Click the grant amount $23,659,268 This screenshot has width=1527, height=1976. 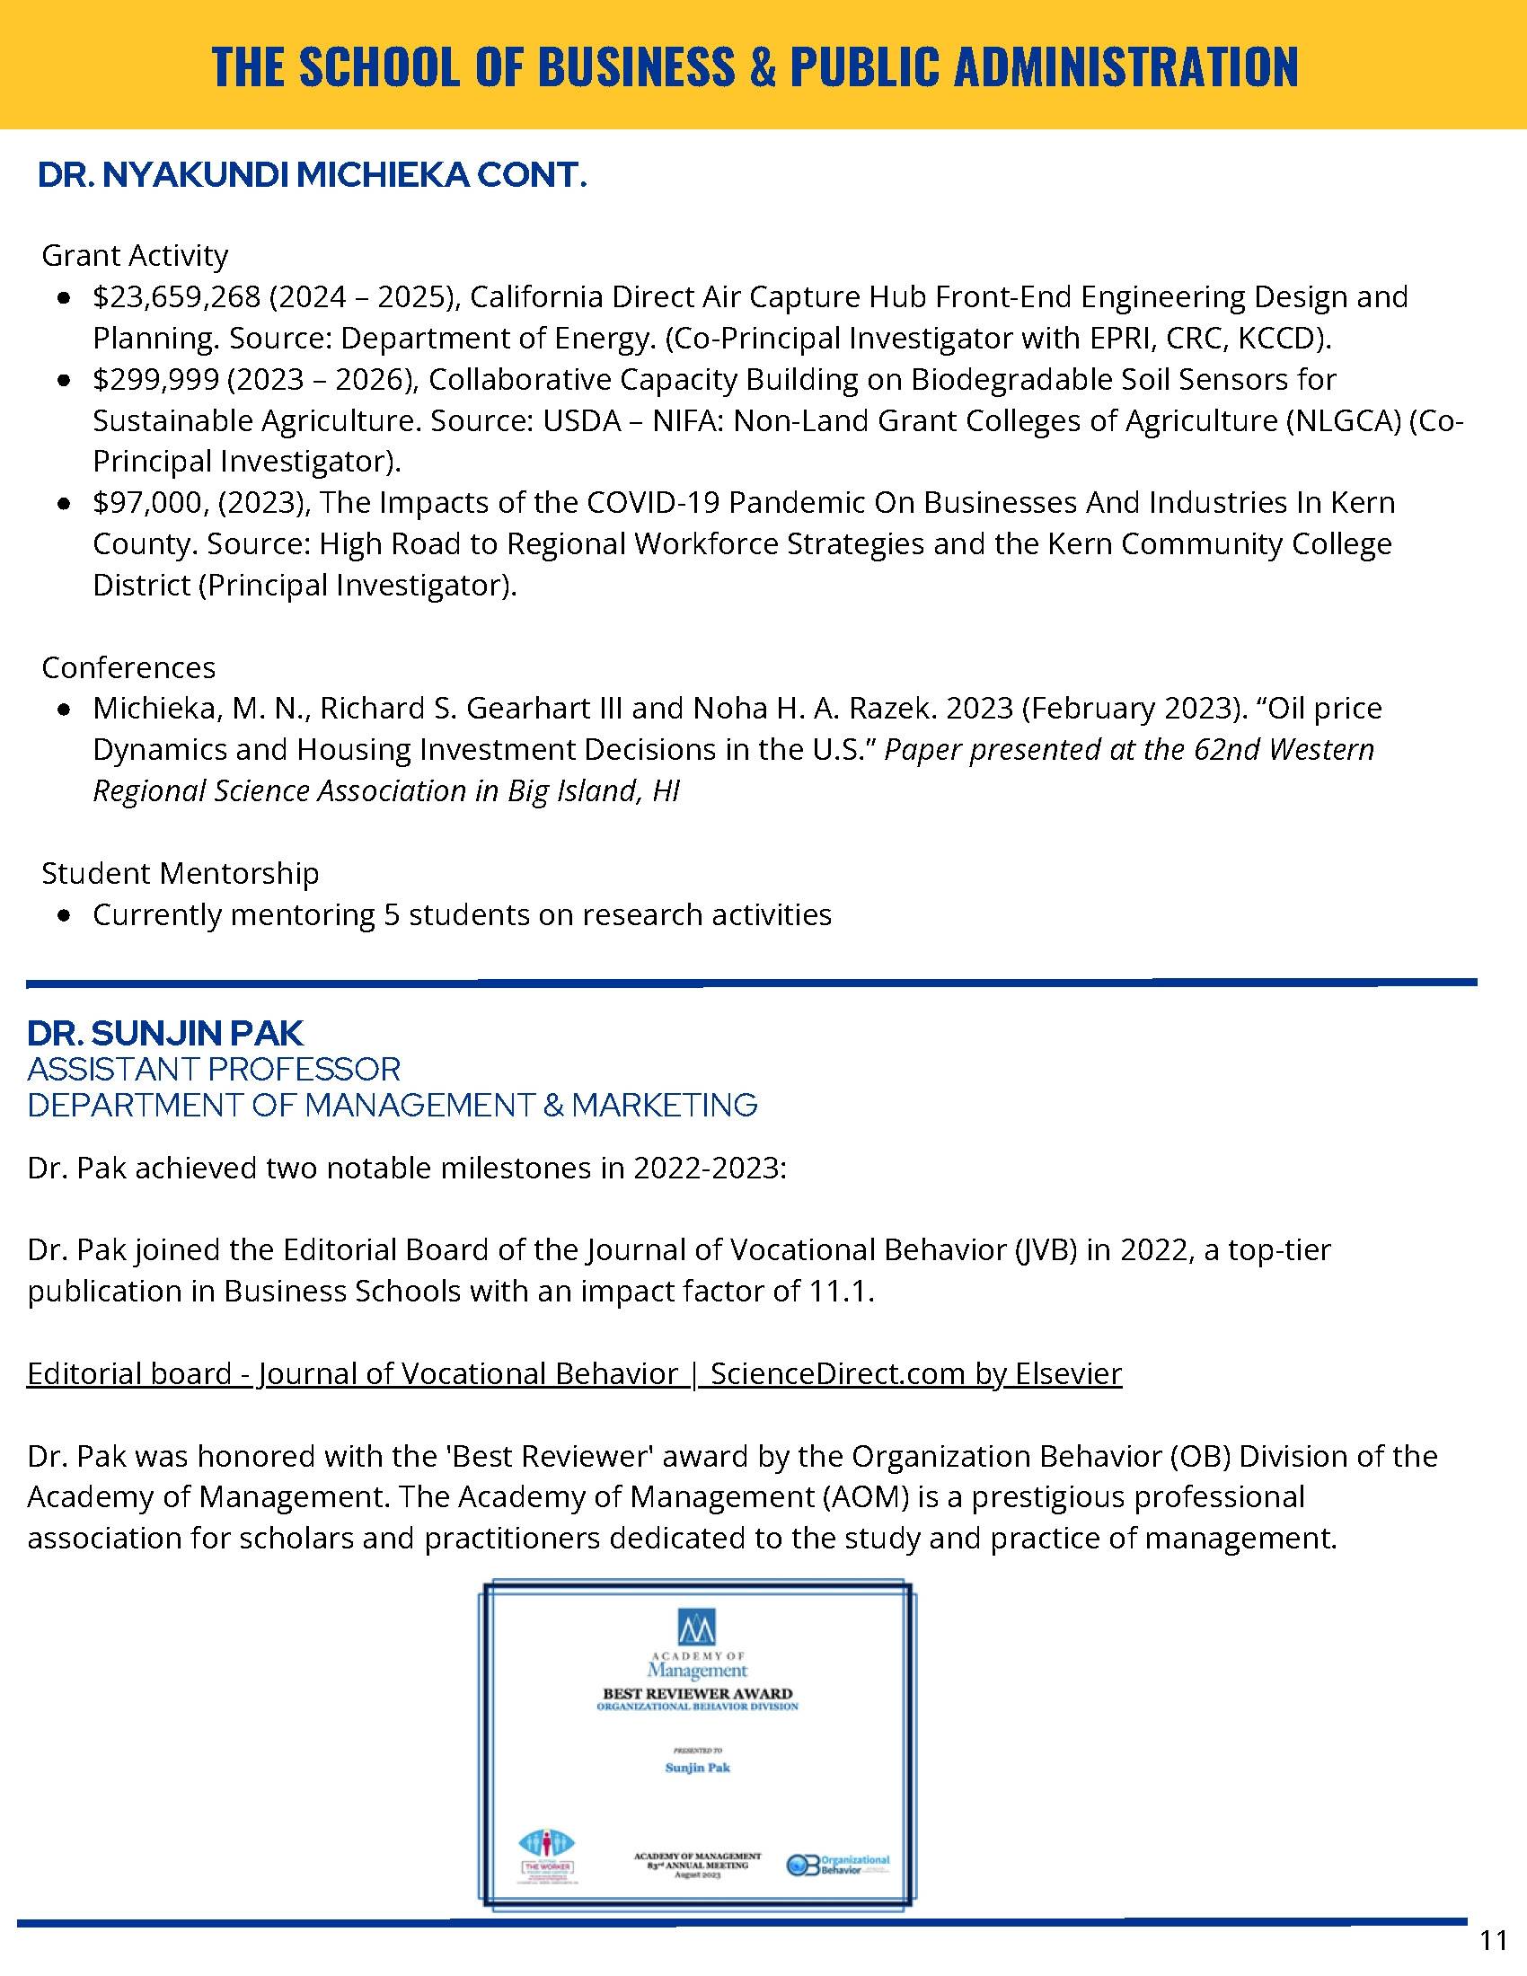[x=176, y=296]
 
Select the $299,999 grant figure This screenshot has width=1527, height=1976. [x=155, y=379]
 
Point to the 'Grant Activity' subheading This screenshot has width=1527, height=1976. [x=135, y=256]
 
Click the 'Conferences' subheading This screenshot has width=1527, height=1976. [x=128, y=667]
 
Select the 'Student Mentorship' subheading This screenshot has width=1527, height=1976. [x=180, y=873]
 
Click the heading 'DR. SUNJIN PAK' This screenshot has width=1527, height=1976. [x=165, y=1033]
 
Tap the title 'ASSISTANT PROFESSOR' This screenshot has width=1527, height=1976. [x=214, y=1070]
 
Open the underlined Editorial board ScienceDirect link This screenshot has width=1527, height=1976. [x=575, y=1373]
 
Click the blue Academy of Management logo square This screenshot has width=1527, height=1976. [x=696, y=1627]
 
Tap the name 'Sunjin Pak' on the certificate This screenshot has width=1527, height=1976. [x=697, y=1768]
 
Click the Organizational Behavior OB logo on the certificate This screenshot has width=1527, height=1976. [x=838, y=1865]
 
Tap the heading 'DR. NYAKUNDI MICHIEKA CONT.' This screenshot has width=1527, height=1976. [x=312, y=175]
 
